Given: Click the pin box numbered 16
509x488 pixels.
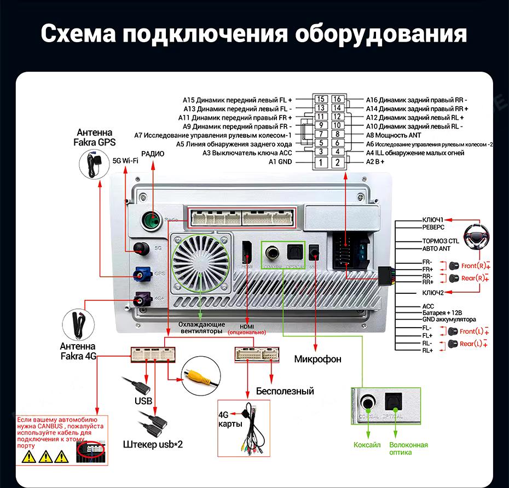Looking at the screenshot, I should (x=338, y=100).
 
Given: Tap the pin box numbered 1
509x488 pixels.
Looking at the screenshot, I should (x=321, y=162).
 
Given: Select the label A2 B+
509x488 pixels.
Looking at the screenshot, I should (x=375, y=162).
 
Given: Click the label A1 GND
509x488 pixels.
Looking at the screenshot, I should (x=280, y=162).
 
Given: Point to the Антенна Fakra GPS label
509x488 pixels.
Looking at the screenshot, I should (x=95, y=137).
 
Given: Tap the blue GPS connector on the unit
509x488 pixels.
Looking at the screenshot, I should (x=143, y=272).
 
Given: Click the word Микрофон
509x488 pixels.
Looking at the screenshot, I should (x=317, y=359).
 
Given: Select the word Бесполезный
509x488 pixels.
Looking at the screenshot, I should (x=285, y=391).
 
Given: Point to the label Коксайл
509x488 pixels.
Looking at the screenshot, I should (x=367, y=445).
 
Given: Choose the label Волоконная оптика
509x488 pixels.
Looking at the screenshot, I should (x=408, y=449).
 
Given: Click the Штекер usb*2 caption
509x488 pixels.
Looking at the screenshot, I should (x=153, y=444).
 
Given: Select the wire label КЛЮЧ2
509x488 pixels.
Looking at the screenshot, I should (x=433, y=293).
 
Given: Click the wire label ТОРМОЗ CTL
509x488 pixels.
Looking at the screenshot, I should (x=440, y=241).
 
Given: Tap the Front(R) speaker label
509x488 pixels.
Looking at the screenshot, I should (x=473, y=266).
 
